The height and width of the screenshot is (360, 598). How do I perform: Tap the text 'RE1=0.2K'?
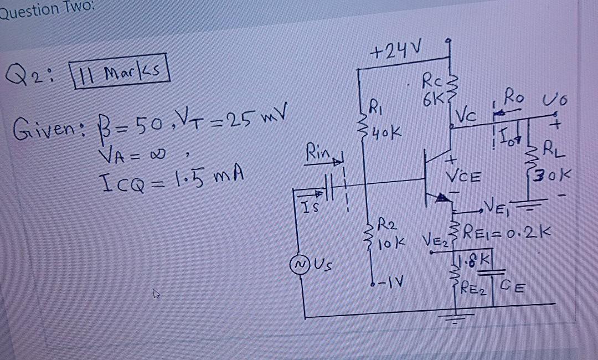[510, 230]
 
